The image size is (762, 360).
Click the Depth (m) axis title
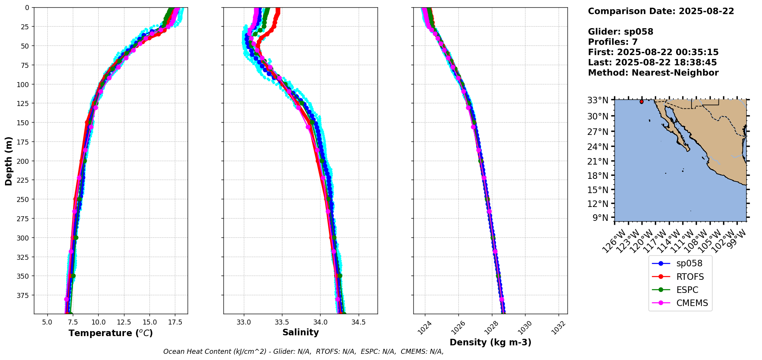(x=8, y=161)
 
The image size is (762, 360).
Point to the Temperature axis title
(x=111, y=333)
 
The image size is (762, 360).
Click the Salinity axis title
(x=300, y=332)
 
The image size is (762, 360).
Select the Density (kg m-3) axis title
(x=490, y=342)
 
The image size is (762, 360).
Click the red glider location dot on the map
(x=641, y=102)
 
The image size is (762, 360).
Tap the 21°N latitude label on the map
(x=598, y=161)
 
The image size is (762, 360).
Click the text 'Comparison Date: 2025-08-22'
(x=661, y=11)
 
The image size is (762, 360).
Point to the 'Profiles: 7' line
(x=613, y=42)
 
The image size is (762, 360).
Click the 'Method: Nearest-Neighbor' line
(x=653, y=73)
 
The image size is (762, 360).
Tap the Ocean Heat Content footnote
(x=303, y=352)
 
